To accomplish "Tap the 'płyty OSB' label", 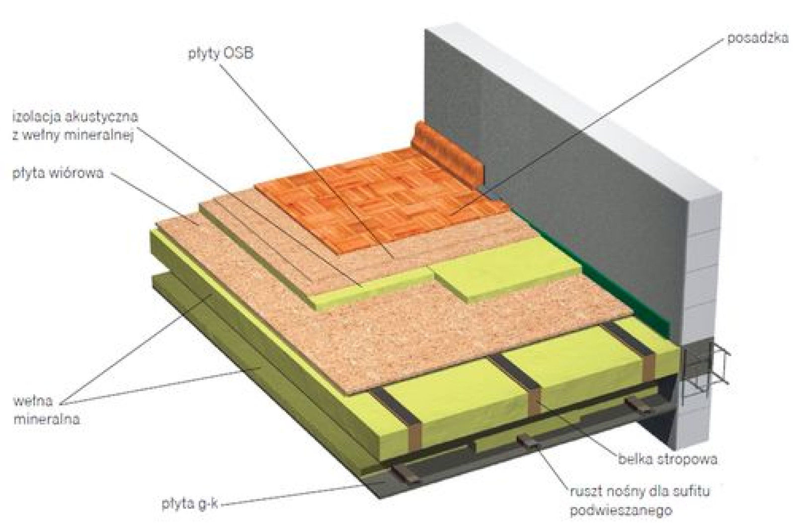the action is click(221, 54).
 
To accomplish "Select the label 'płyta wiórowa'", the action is click(58, 173).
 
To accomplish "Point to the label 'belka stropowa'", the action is click(668, 459).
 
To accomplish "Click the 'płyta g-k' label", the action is click(189, 504).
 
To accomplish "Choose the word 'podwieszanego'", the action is click(621, 511).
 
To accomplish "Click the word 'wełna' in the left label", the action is click(33, 401).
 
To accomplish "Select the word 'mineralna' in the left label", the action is click(47, 419).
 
